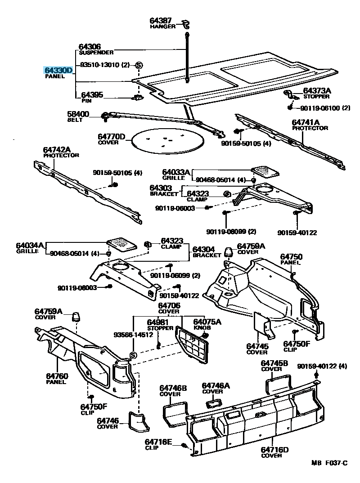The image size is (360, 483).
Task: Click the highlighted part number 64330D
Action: click(x=58, y=70)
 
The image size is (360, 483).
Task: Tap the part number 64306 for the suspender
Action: click(x=90, y=47)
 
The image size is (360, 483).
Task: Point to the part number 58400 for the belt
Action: click(x=79, y=114)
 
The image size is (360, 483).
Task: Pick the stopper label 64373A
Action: click(x=317, y=91)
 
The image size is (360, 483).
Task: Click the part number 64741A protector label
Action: click(x=306, y=122)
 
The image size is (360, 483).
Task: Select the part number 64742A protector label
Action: click(x=57, y=149)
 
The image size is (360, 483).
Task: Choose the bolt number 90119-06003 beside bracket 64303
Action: click(x=175, y=208)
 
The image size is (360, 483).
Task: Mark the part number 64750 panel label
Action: click(x=291, y=257)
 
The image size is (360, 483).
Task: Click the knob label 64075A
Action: click(x=207, y=322)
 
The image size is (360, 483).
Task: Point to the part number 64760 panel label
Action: click(x=56, y=376)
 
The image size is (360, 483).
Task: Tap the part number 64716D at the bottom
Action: click(x=274, y=449)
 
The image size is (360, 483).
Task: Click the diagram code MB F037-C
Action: click(x=329, y=463)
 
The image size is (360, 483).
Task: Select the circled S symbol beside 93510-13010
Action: click(x=139, y=65)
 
